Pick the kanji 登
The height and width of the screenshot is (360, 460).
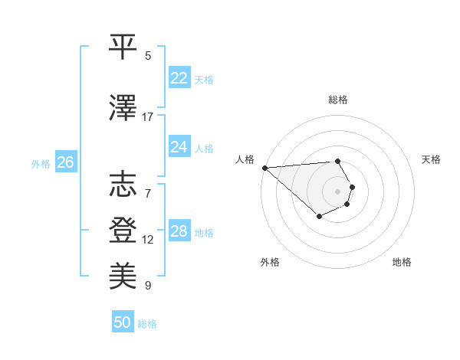123,230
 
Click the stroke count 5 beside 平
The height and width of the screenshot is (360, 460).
148,56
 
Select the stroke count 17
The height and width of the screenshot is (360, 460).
148,117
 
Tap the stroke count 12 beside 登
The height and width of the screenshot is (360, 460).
148,240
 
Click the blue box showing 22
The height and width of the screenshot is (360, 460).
179,78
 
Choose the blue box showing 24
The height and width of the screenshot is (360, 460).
179,147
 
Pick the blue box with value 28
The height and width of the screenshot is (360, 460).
179,231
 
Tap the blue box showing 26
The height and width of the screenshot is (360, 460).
65,162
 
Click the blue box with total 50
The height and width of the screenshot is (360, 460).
123,322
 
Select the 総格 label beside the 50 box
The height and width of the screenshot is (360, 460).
147,324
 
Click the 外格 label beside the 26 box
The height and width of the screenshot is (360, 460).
41,164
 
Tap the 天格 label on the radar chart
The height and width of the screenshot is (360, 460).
432,159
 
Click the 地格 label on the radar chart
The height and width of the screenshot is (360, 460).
402,262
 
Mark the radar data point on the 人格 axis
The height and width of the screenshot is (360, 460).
264,168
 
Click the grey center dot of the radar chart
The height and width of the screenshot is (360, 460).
337,191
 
